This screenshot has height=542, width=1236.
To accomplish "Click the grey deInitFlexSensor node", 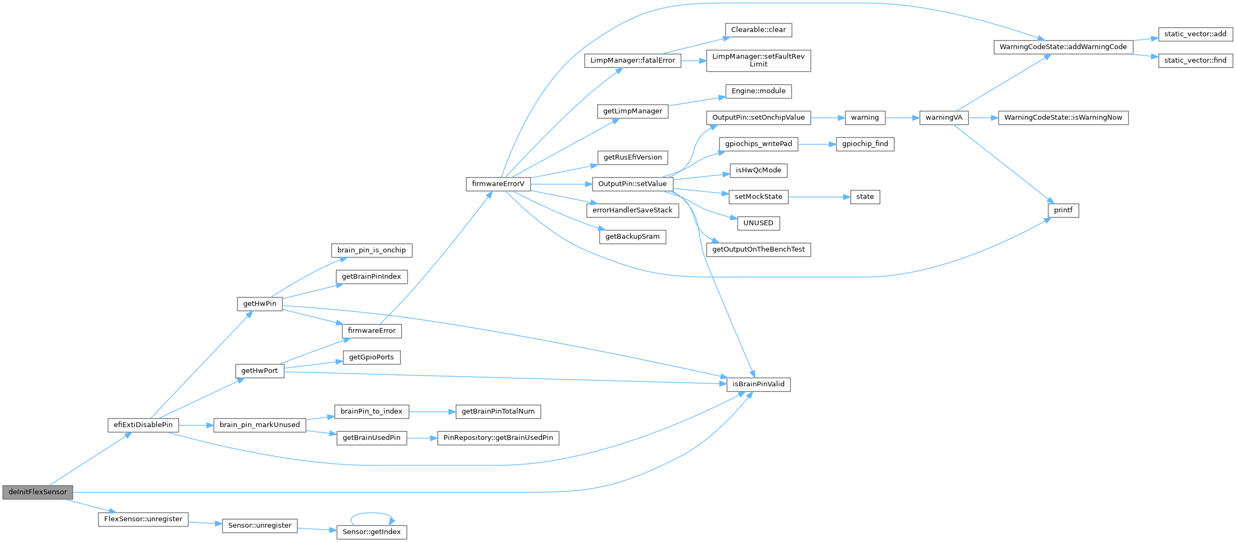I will [37, 492].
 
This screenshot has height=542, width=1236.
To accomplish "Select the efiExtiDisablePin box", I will [143, 425].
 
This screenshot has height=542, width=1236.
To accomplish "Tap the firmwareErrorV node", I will [498, 184].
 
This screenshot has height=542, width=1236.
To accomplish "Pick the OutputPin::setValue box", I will [632, 184].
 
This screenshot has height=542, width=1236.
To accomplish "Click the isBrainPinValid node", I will [758, 384].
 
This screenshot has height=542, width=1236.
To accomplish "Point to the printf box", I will [1063, 211].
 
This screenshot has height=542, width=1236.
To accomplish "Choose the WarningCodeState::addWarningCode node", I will [1063, 47].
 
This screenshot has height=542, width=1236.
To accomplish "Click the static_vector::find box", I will [1195, 60].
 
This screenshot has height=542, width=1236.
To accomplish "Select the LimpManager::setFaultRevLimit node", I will [758, 60].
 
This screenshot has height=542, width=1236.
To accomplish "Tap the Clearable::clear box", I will [758, 30].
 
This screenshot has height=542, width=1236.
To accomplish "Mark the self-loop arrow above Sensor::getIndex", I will [372, 513].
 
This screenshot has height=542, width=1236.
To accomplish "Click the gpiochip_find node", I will [865, 144].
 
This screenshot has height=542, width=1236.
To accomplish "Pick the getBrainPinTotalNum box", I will [498, 411].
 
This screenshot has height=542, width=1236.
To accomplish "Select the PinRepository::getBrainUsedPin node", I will [498, 438].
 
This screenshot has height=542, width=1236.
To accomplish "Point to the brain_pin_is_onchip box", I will [371, 250].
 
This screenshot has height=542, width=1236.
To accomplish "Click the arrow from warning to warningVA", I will [902, 118].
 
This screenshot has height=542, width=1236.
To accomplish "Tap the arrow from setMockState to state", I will [819, 197].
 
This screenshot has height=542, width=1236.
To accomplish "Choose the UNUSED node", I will [758, 223].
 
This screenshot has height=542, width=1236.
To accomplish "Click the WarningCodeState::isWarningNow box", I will [1063, 118].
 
